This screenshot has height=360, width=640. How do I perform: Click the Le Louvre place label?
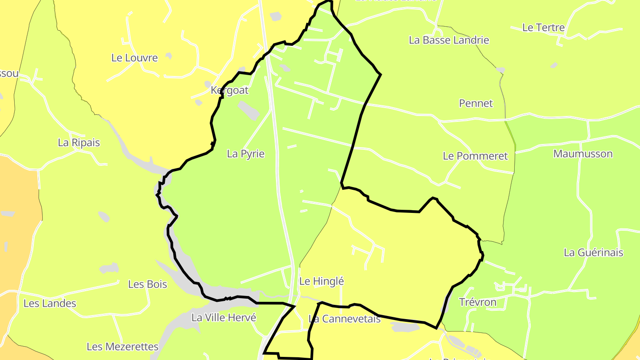click(134, 58)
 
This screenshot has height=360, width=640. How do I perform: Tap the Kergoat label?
click(229, 90)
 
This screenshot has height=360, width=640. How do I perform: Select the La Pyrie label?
click(245, 154)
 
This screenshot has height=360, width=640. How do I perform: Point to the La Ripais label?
click(79, 143)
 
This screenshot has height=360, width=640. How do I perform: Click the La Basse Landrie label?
click(449, 40)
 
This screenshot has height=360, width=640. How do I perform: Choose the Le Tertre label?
click(543, 28)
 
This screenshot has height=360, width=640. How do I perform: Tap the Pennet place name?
click(476, 104)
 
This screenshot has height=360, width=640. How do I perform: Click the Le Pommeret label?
click(475, 156)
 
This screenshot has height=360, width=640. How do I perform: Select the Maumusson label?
click(583, 154)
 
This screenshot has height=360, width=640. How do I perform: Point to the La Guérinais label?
click(593, 252)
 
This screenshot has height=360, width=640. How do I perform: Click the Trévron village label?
click(477, 302)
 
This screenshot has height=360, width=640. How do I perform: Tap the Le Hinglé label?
click(321, 281)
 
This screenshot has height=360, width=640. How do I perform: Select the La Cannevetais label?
click(344, 319)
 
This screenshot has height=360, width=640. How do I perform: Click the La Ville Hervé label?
click(224, 318)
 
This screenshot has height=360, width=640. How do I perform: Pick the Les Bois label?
click(148, 284)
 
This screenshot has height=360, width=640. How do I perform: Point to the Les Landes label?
click(50, 304)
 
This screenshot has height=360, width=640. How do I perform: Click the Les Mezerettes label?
click(122, 347)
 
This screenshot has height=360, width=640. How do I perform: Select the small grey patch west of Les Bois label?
click(109, 268)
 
